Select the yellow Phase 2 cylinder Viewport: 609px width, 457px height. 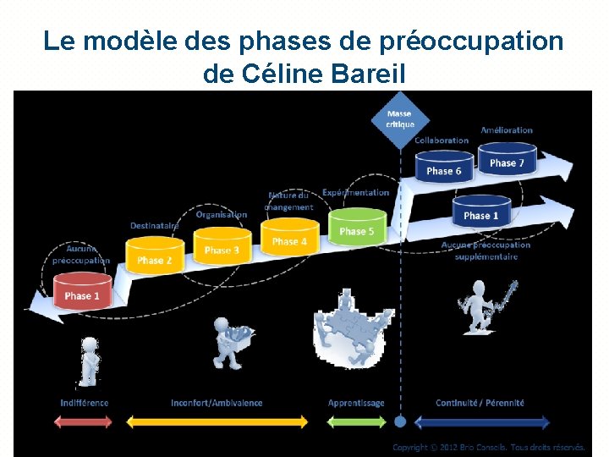coord(155,256)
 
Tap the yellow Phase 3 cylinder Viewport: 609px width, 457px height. coord(222,246)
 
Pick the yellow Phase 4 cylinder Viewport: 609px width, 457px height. coord(289,238)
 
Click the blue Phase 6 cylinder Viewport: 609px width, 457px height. coord(444,168)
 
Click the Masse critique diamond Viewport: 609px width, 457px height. coord(400,119)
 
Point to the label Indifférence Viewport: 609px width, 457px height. coord(85,403)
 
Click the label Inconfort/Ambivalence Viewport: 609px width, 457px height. coord(217,403)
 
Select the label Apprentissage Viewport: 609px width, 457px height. coord(356,403)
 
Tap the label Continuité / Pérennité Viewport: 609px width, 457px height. coord(480,403)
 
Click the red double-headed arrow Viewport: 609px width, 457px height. coord(84,421)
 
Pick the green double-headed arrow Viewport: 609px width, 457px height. coord(356,421)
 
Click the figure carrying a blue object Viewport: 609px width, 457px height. coord(229,343)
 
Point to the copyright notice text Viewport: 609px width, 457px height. coord(489,447)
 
